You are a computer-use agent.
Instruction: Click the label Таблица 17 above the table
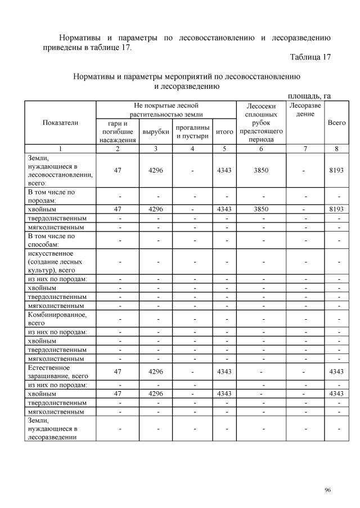click(x=310, y=57)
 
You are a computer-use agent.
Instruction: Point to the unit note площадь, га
click(x=309, y=96)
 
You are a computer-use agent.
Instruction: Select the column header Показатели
click(x=60, y=122)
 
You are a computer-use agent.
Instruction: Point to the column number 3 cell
click(x=156, y=149)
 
